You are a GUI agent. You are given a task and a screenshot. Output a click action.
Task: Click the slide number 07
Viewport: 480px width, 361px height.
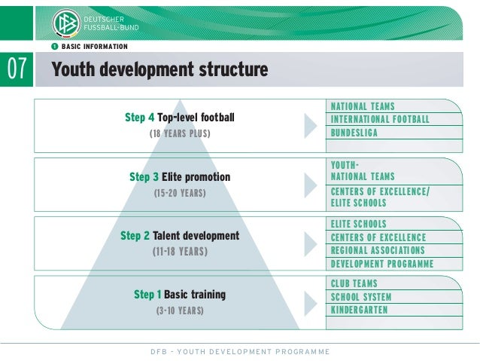[x=17, y=70]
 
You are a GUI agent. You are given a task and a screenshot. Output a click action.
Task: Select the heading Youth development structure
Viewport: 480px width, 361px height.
[x=159, y=70]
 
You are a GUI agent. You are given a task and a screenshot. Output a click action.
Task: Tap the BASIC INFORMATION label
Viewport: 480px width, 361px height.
[x=94, y=46]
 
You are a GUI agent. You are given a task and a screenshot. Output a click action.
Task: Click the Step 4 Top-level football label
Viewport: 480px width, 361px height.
[x=180, y=118]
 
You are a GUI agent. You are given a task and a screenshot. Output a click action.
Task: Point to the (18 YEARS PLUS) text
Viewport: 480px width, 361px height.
[x=180, y=133]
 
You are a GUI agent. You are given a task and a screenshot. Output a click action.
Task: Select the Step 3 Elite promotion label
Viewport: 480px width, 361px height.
[x=180, y=177]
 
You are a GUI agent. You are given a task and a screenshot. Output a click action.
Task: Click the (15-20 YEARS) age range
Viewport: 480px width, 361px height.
[x=180, y=193]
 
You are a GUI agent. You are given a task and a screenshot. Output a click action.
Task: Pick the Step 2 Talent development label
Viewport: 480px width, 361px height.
[x=180, y=236]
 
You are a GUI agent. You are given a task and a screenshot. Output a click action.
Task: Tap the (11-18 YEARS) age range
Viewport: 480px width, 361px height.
[x=180, y=252]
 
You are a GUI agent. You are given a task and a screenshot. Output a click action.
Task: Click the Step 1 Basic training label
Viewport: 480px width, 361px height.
[x=180, y=294]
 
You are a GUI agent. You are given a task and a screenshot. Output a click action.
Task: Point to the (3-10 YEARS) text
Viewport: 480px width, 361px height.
[x=180, y=310]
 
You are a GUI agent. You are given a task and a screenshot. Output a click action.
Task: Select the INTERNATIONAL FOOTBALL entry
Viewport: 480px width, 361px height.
[x=380, y=120]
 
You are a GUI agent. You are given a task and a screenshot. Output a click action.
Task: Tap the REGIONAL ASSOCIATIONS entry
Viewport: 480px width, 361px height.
[x=378, y=250]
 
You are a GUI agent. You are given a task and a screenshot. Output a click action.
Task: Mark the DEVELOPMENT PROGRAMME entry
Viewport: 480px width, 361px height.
[x=382, y=264]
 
